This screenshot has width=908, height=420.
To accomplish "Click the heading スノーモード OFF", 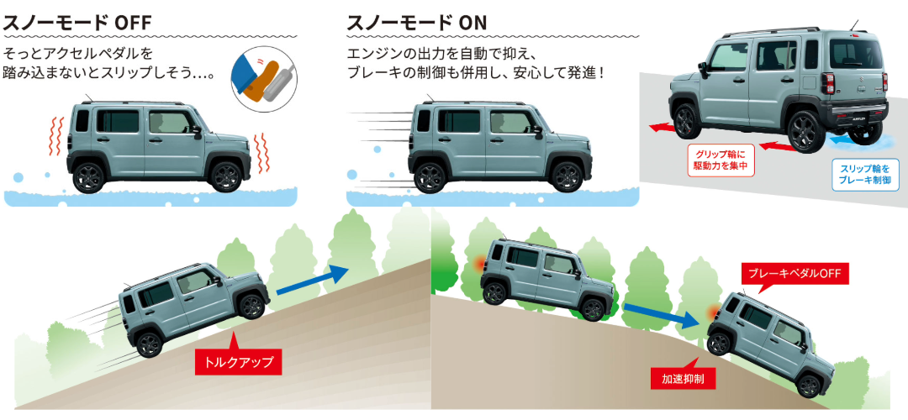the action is pyautogui.click(x=77, y=23).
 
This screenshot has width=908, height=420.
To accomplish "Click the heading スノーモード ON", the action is pyautogui.click(x=417, y=23).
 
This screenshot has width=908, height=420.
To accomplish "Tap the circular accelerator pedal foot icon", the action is pyautogui.click(x=263, y=76).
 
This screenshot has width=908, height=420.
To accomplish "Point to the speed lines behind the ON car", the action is pyautogui.click(x=378, y=144).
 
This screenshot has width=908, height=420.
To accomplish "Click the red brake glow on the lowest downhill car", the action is pyautogui.click(x=713, y=312).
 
